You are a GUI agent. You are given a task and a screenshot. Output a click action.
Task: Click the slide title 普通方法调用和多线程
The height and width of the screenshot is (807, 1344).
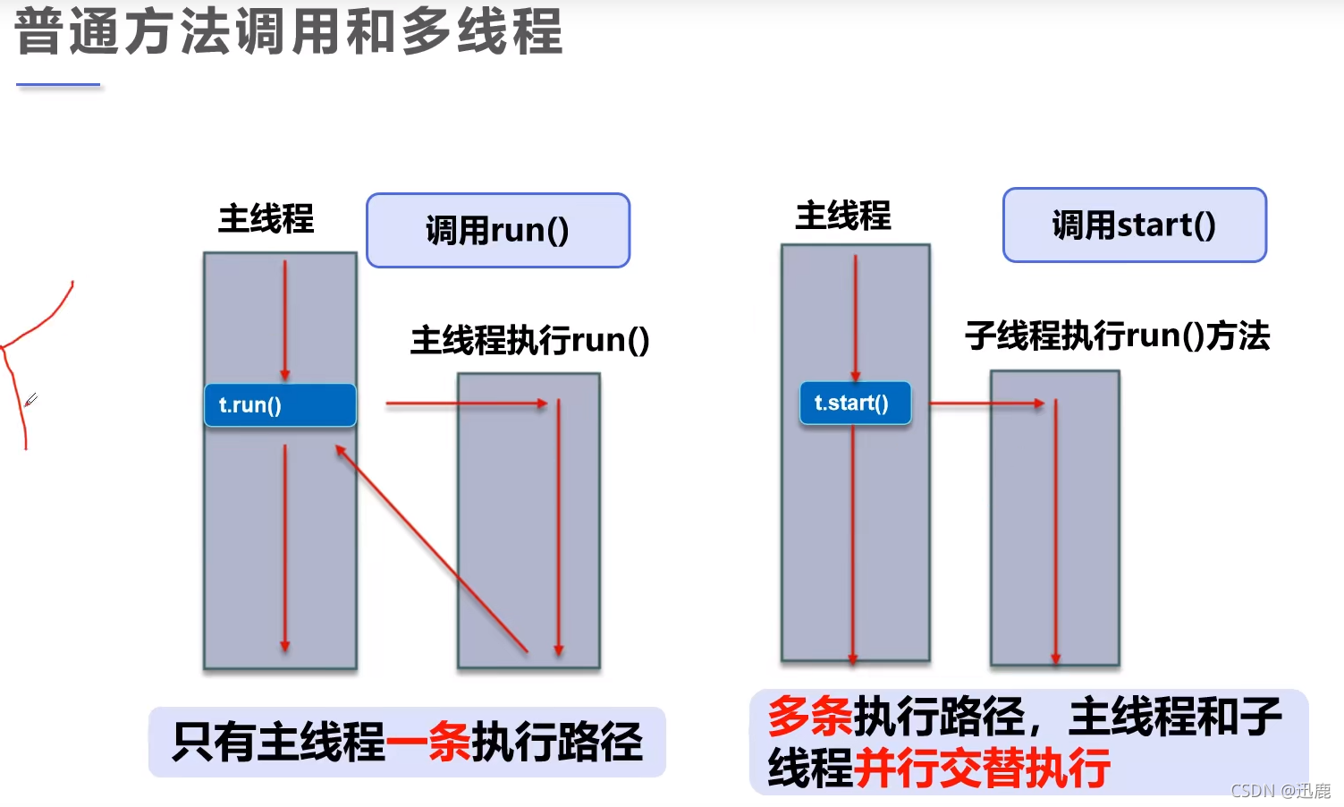289,31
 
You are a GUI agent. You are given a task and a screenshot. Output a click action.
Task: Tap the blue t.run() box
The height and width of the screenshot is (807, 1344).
280,405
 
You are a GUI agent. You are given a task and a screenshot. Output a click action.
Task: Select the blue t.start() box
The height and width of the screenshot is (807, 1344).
855,403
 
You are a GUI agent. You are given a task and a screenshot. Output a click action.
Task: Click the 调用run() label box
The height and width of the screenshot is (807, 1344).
498,230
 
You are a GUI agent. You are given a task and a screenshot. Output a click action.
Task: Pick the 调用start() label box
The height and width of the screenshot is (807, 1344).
1134,225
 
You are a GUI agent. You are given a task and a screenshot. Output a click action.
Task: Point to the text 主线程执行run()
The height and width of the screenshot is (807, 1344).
529,340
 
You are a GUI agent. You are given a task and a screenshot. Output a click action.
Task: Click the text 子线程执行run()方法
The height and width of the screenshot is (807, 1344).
1117,336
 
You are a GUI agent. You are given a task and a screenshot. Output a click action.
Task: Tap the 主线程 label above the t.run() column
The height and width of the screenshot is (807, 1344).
266,218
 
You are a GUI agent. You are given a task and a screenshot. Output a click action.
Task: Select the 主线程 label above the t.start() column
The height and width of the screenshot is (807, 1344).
842,216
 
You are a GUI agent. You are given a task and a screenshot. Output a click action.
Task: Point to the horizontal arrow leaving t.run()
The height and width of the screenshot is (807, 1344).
465,403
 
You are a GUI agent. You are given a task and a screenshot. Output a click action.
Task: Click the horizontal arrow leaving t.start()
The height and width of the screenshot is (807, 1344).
986,403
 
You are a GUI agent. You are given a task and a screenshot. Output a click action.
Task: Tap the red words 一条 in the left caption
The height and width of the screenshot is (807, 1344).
428,742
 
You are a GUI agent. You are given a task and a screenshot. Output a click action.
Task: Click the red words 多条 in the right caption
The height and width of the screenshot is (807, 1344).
810,716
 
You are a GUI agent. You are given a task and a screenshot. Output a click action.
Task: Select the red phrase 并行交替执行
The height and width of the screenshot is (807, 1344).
982,768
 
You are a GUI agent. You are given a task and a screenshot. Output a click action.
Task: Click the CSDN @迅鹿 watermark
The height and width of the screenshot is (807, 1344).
1280,791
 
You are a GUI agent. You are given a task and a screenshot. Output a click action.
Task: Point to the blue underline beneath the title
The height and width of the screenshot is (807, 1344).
58,85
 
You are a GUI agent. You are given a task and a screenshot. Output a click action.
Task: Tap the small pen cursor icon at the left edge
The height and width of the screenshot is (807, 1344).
30,400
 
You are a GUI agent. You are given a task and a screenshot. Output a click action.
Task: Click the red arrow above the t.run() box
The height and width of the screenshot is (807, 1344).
285,319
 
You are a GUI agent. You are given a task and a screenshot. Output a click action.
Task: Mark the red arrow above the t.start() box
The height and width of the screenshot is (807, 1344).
855,317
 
